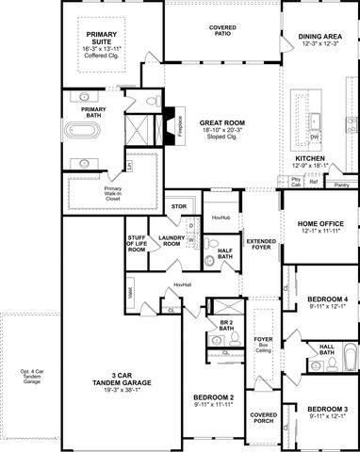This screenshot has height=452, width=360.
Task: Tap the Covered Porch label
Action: [263, 416]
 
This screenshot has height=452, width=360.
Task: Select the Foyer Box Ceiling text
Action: [263, 344]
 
